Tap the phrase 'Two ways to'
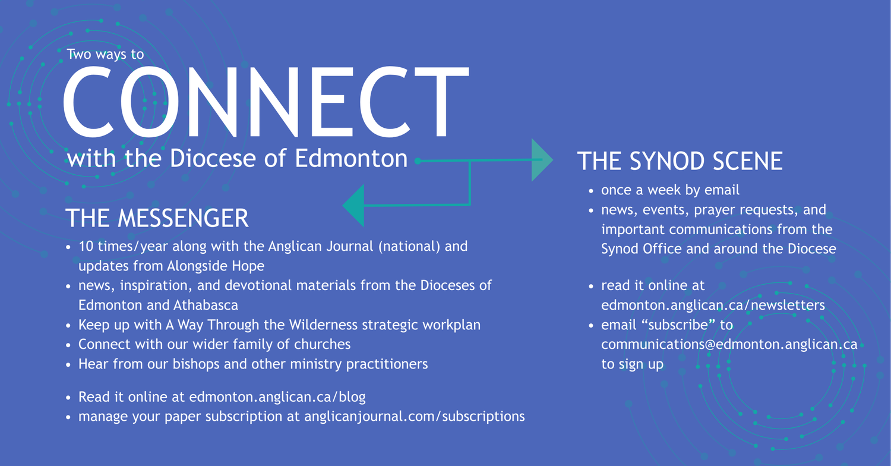tap(105, 54)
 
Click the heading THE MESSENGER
tap(157, 218)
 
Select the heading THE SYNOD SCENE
tap(680, 160)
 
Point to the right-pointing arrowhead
tap(541, 160)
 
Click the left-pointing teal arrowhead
tap(354, 206)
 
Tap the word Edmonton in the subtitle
tap(351, 158)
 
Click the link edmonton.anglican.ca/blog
tap(277, 397)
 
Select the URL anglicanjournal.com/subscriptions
tap(415, 416)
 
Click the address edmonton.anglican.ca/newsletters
tap(713, 305)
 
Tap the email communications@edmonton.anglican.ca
tap(729, 344)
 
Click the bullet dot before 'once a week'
tap(591, 191)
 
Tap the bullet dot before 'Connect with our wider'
tap(68, 345)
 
